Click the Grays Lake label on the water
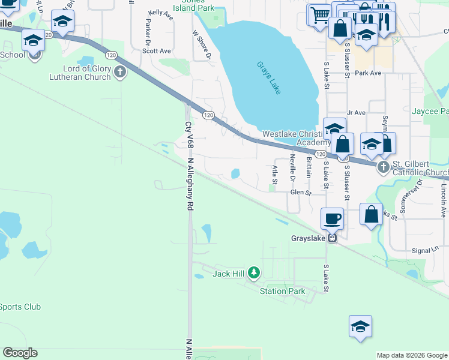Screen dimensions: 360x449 coord(268,77)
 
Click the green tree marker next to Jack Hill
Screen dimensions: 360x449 coord(254,274)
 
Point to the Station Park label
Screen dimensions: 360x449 coord(282,292)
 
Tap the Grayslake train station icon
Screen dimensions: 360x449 coord(331,238)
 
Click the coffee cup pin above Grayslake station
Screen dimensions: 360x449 coord(332,218)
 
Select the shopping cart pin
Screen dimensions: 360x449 coord(320,14)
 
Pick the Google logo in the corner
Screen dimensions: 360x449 coord(20,353)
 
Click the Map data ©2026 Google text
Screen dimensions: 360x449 coord(412,355)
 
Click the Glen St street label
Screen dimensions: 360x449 coord(301,193)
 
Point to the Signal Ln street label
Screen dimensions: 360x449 coord(427,249)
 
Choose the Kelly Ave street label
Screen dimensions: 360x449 coord(161,14)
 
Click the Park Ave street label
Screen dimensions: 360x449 coord(368,73)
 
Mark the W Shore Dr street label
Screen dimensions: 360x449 coord(202,45)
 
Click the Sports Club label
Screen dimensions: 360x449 coord(20,307)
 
